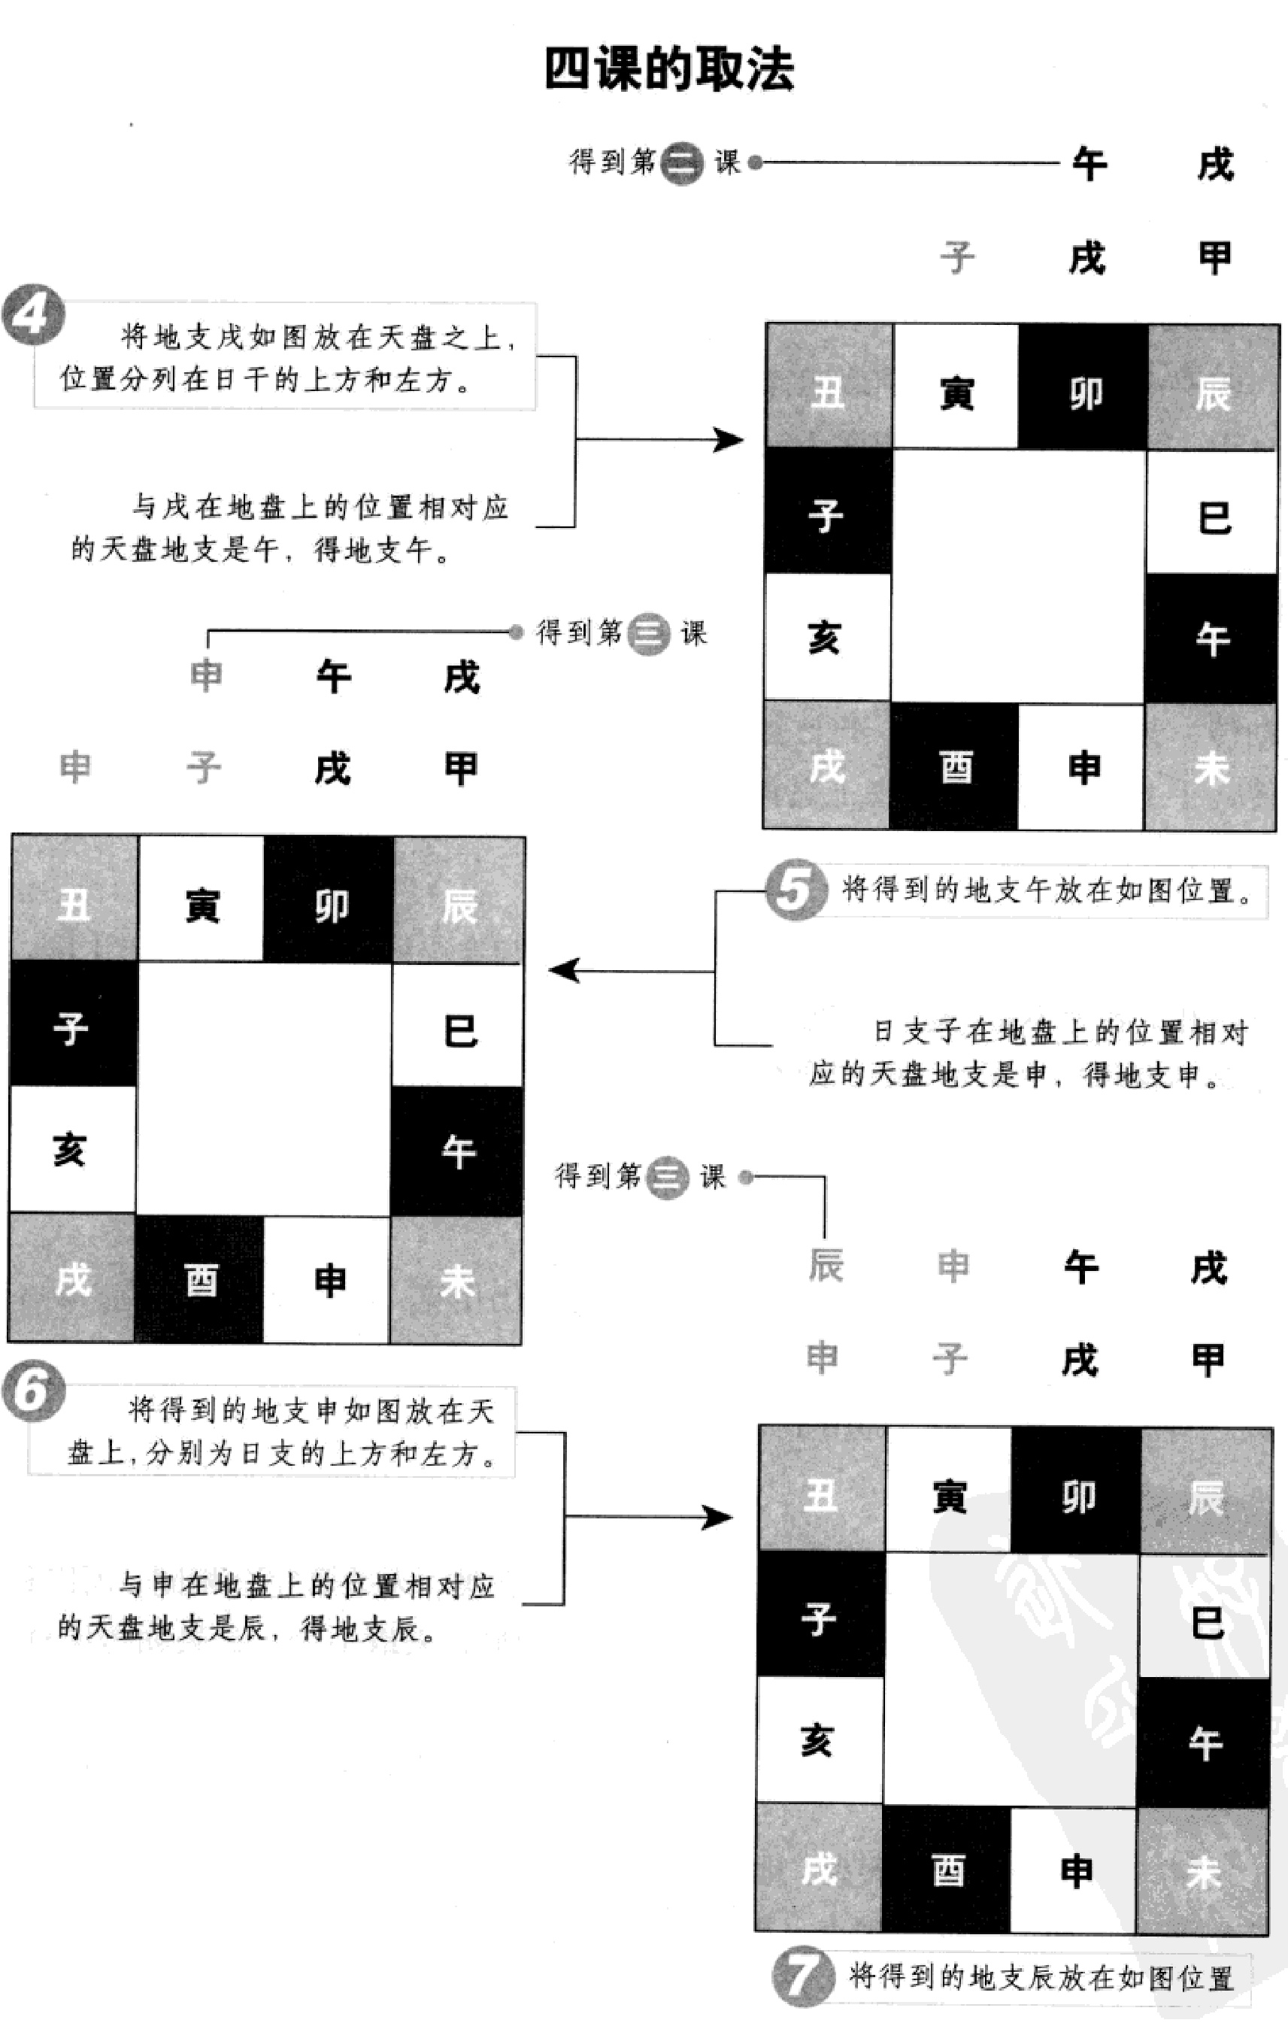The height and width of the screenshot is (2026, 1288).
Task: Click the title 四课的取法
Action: (669, 69)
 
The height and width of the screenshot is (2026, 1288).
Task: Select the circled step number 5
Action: (794, 890)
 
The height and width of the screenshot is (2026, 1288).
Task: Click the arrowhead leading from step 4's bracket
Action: (728, 439)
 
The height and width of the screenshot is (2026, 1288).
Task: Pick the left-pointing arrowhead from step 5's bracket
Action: (565, 970)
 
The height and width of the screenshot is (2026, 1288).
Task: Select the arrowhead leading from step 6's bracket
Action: (717, 1518)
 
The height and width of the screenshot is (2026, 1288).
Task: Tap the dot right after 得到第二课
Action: (756, 162)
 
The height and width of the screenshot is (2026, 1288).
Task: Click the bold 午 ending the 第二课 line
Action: (1089, 164)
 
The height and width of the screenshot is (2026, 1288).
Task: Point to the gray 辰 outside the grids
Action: (826, 1265)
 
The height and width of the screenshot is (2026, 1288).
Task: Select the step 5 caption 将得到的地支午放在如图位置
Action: (1047, 890)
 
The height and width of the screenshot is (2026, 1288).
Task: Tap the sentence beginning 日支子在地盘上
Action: (1028, 1053)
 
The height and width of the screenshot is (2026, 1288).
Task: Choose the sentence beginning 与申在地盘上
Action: (277, 1607)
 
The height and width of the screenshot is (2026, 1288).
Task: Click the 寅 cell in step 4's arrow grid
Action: (956, 392)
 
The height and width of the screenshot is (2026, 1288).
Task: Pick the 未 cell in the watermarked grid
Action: (1203, 1872)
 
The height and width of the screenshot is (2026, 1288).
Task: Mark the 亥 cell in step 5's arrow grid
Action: (71, 1150)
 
